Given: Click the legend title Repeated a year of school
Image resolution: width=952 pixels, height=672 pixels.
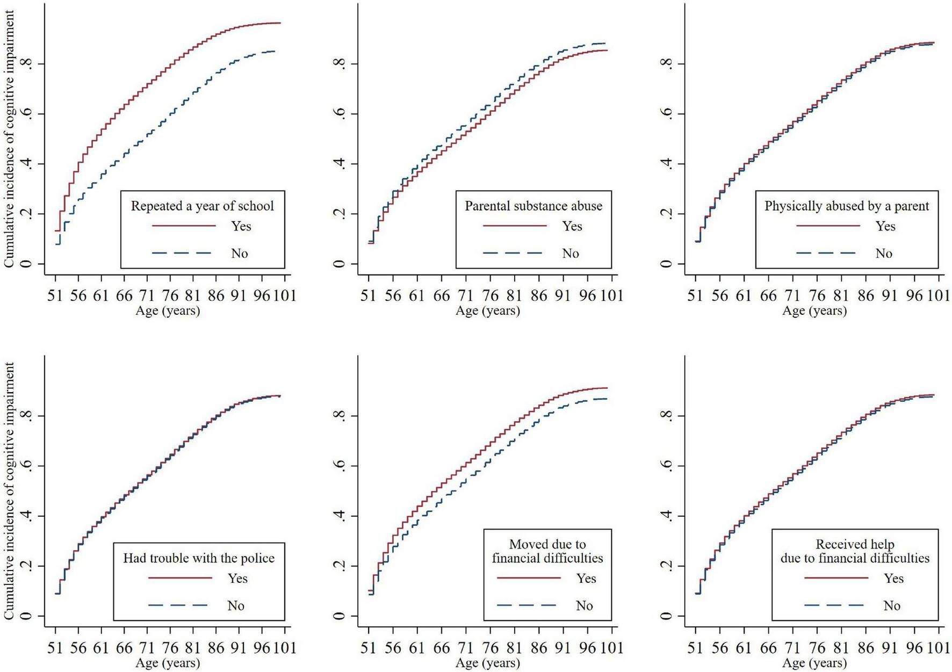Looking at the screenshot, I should pos(202,206).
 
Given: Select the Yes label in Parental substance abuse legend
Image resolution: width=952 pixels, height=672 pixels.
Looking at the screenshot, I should pos(572,226).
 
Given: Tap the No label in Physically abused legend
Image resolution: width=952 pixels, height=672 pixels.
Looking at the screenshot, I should pos(884,254).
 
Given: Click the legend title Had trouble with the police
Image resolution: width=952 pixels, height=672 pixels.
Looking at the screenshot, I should pos(199,559).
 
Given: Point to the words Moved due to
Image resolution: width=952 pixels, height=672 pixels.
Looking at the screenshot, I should pos(547,545).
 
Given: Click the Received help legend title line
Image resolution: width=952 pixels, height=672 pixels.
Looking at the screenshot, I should pos(855,545).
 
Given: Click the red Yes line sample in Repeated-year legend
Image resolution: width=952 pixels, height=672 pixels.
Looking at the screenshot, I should pos(184,226).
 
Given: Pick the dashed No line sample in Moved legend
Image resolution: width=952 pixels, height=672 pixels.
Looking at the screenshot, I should pos(526,606).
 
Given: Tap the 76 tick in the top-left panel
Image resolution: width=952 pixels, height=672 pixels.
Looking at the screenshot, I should pos(170,295).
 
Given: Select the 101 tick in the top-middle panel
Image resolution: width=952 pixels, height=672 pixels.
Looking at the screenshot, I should pos(611,295).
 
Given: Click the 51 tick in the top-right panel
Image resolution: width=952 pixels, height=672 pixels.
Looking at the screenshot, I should pos(695,295).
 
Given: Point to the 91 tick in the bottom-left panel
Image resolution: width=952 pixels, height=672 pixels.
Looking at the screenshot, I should pos(239,648).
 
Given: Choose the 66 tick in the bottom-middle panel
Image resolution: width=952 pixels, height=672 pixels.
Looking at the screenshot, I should pos(441,648).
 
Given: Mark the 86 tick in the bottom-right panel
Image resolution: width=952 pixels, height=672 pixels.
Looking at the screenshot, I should pos(866,648).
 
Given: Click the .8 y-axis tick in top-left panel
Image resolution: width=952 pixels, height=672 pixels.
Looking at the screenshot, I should pos(26,64).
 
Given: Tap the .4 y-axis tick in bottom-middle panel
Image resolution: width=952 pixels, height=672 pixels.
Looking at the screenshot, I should pos(339,516).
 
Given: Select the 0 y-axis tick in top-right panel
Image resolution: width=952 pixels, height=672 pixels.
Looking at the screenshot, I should pos(666,264).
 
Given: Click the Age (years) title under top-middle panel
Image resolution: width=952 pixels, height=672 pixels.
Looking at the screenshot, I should pos(488,311).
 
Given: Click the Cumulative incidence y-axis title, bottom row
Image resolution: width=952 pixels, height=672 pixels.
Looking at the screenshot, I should pos(9,491).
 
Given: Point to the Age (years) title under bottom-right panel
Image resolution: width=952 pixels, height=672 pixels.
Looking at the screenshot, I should pos(814,663).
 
